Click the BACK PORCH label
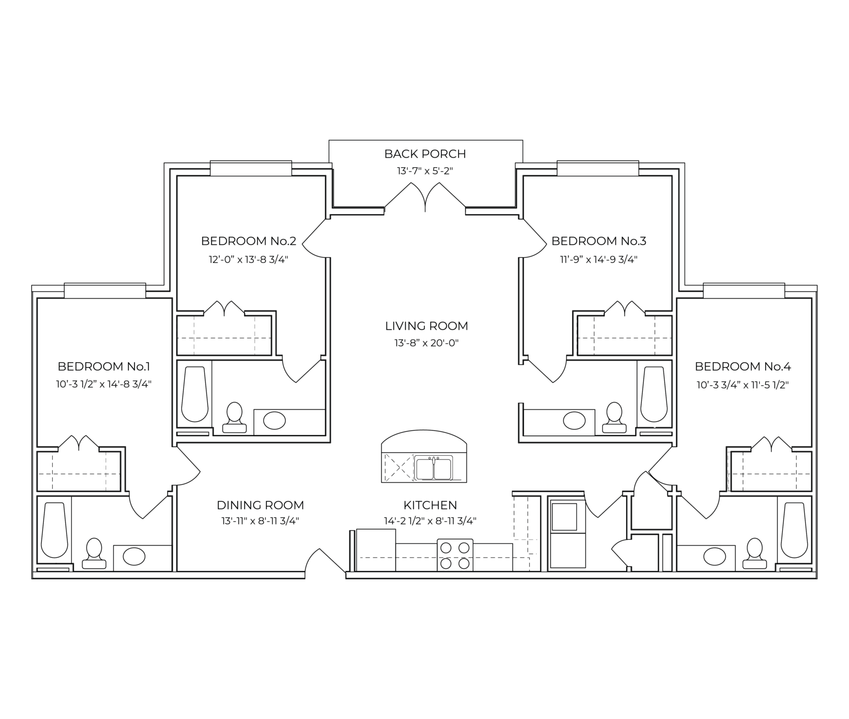[425, 154]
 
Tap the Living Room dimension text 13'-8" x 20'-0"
[426, 343]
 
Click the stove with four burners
[455, 555]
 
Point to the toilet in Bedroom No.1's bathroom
[94, 553]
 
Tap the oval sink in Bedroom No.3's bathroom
[574, 420]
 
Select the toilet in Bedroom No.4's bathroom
[755, 553]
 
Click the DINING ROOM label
[260, 505]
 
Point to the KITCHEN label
[430, 505]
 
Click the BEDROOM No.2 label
[249, 241]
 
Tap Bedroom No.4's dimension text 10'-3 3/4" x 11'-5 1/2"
[743, 385]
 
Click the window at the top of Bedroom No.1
[105, 291]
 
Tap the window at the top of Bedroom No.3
[598, 169]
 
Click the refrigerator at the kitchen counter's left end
[376, 550]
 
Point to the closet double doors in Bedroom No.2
[225, 309]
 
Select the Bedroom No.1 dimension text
[104, 384]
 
